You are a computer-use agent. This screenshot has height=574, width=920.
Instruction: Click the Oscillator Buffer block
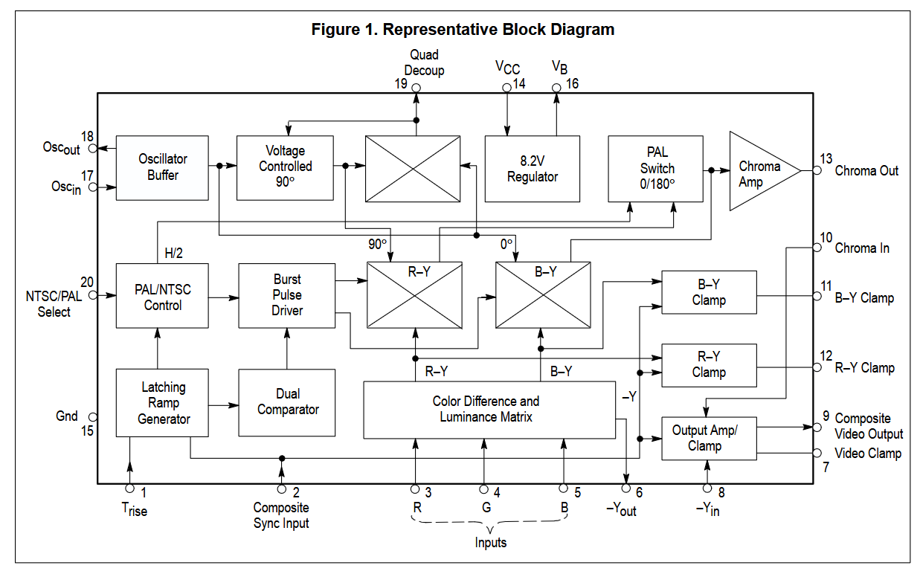(162, 168)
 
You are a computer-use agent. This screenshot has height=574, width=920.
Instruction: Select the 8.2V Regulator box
(533, 169)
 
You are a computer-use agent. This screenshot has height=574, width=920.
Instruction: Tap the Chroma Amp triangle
(760, 171)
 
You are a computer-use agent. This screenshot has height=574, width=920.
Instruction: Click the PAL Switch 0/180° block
(655, 169)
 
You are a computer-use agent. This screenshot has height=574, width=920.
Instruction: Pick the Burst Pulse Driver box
(286, 296)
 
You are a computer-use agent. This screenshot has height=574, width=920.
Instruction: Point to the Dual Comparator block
(286, 402)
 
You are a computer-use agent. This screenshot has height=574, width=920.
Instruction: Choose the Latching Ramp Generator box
(162, 402)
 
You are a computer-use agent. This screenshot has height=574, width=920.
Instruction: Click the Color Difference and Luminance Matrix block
(489, 410)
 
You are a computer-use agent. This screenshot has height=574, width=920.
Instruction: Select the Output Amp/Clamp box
(709, 438)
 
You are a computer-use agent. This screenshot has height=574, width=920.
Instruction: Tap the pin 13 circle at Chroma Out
(817, 170)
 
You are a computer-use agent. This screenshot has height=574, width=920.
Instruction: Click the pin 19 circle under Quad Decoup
(416, 88)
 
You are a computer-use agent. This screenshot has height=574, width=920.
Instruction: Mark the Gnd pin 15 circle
(93, 417)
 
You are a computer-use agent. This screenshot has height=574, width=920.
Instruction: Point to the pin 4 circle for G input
(484, 489)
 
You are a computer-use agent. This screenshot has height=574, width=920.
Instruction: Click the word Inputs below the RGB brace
(490, 542)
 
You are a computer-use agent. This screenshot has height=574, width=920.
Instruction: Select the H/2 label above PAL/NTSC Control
(173, 253)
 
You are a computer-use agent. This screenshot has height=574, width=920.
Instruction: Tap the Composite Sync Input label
(281, 515)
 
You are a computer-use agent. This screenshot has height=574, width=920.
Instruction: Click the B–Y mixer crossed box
(543, 294)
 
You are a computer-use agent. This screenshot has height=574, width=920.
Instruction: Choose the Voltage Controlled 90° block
(285, 168)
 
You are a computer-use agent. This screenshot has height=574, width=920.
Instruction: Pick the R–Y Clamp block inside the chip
(709, 365)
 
